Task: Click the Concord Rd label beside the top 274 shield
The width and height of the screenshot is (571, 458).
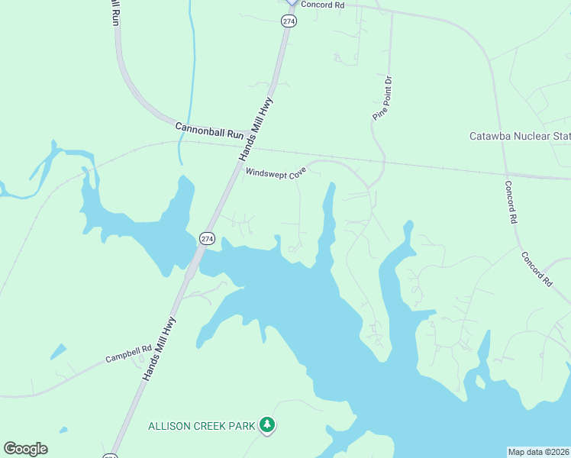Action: [323, 5]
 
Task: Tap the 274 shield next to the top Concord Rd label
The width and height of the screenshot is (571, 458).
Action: [289, 21]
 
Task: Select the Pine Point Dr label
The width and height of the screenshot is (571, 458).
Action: [382, 98]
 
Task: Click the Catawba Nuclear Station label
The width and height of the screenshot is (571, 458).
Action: [519, 137]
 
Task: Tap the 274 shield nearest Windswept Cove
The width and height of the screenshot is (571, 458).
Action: [207, 238]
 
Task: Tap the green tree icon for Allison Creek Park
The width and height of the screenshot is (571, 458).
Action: [266, 424]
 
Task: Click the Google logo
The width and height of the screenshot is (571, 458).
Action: [25, 449]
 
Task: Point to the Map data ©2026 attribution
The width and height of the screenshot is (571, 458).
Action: [539, 452]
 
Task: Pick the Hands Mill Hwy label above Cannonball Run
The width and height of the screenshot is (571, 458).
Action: [256, 127]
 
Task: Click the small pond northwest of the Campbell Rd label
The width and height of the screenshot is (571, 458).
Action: [57, 351]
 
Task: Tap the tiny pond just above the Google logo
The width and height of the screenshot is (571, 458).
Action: [63, 431]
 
